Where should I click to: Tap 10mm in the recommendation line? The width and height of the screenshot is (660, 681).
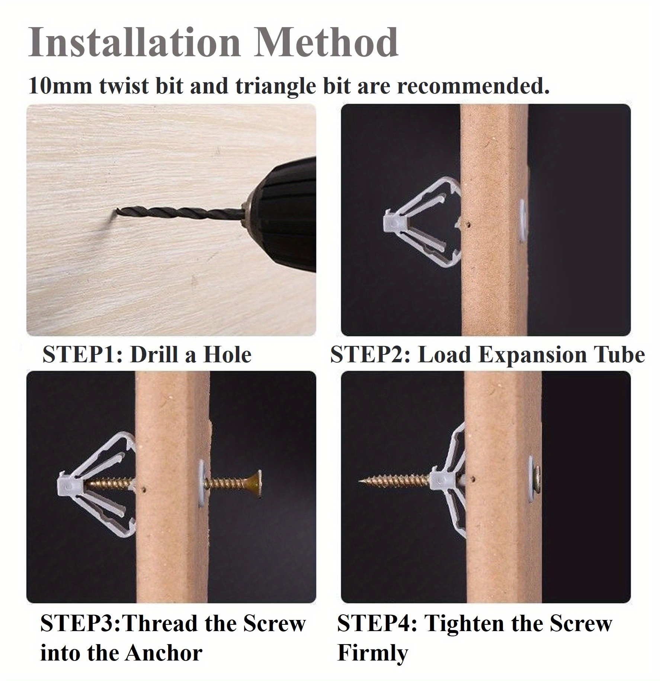tap(60, 86)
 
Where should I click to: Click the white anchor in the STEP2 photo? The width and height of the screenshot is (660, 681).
tap(420, 223)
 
